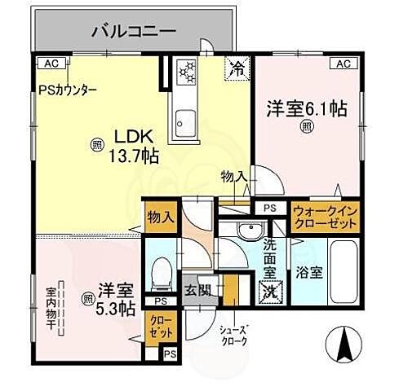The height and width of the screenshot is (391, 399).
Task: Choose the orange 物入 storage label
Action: [x=160, y=217]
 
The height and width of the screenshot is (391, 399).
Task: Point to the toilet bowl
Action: [x=162, y=273]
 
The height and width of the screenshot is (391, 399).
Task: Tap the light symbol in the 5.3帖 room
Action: [x=88, y=297]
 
